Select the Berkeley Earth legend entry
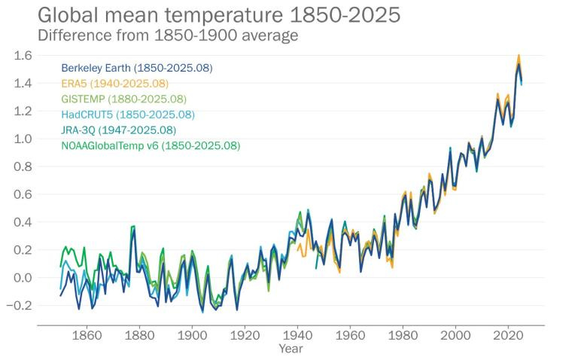click(136, 68)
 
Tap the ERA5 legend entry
click(114, 84)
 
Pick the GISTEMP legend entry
click(123, 99)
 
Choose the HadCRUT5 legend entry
click(128, 114)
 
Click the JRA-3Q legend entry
click(123, 130)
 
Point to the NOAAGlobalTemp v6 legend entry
click(151, 145)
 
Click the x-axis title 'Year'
click(291, 349)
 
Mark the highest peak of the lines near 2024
click(519, 56)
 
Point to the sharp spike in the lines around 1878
click(134, 227)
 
